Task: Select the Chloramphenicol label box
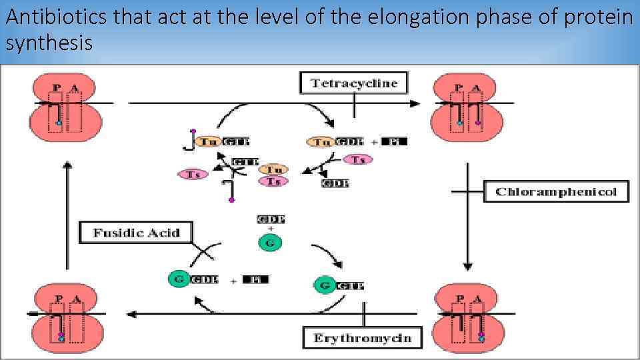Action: [556, 192]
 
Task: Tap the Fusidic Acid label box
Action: [136, 233]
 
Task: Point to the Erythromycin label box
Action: [362, 338]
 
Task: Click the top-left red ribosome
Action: [65, 107]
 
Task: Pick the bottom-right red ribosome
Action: [468, 317]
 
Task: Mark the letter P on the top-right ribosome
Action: [458, 88]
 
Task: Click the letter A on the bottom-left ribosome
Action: [76, 299]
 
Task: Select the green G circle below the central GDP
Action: [269, 243]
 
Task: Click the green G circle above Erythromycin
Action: [324, 285]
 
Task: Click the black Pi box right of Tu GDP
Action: [395, 141]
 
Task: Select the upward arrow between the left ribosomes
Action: [66, 213]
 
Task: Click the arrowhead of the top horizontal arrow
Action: [415, 103]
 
